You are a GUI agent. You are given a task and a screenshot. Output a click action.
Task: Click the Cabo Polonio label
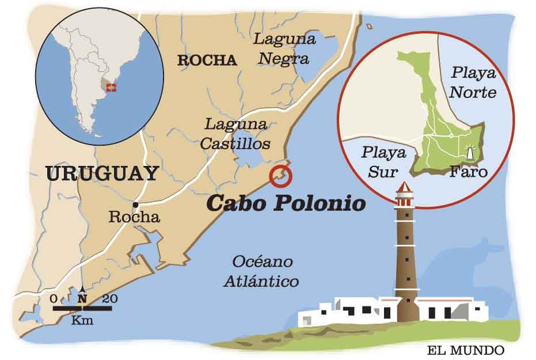286,204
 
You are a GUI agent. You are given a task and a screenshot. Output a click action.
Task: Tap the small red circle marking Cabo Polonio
281,176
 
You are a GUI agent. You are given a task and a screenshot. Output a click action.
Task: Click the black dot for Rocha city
135,204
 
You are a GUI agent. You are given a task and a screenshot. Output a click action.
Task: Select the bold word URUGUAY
101,173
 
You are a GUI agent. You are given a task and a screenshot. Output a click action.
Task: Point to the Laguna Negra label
284,49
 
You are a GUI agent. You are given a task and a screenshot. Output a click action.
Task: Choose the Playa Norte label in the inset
473,82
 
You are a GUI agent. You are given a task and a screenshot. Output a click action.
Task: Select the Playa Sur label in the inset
383,162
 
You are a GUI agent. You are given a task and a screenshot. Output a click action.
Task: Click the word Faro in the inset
469,172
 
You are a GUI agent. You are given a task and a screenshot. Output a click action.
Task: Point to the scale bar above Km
82,309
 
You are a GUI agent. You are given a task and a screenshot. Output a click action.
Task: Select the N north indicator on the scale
82,298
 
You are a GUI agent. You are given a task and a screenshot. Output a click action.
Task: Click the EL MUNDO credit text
465,350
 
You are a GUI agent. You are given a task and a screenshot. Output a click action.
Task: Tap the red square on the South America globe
112,88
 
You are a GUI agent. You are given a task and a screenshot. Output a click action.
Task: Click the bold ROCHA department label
207,60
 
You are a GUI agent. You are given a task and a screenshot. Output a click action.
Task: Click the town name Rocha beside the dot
134,218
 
